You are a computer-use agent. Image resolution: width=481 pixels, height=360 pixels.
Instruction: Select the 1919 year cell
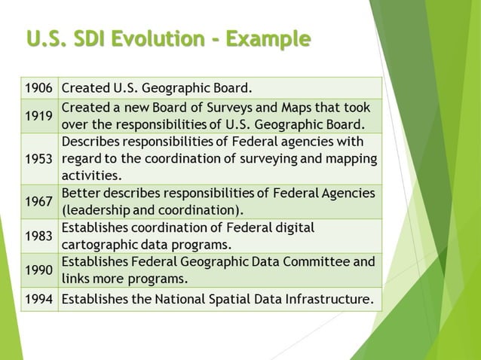(38, 116)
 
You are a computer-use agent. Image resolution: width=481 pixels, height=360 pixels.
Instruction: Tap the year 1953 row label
(38, 158)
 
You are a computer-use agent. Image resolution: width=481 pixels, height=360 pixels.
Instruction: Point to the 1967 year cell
(38, 201)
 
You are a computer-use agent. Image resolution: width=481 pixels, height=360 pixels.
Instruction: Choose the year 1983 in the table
(38, 236)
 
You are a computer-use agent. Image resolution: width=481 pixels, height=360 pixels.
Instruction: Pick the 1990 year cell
(38, 270)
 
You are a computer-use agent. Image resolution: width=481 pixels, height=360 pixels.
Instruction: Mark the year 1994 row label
(38, 299)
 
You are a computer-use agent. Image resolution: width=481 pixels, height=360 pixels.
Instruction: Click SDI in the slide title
(91, 38)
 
